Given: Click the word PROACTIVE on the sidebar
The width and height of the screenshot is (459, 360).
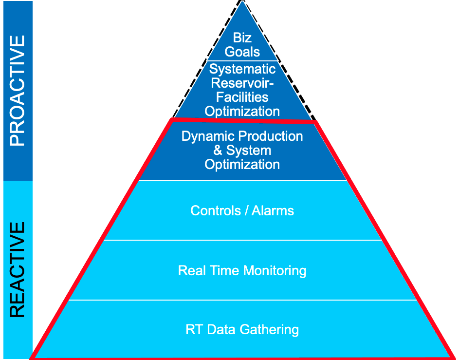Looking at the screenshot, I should pos(18,91).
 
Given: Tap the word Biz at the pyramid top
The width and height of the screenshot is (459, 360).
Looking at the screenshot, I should pos(242,38).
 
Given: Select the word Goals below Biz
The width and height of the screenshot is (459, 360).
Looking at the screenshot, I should pos(242,51).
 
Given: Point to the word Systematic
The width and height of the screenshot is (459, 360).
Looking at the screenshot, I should pos(242,69).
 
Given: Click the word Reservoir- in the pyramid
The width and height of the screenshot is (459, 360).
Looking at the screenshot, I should pos(242,83).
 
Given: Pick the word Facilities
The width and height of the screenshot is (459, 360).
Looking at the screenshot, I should pos(242,97).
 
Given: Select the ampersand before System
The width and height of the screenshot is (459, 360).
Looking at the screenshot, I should pos(218,150).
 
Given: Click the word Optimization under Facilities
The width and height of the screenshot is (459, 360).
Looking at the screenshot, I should pos(242,111).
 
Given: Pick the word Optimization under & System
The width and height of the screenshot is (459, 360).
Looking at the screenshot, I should pos(242,164).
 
